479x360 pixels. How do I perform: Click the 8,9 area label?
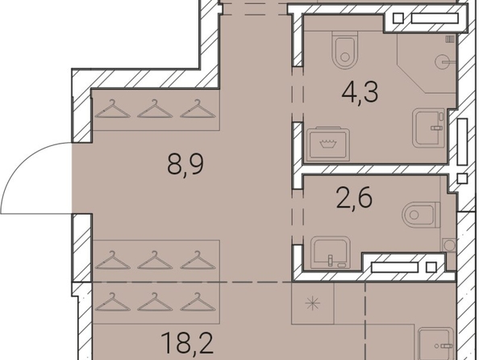(185, 164)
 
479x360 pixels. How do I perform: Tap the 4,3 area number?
(360, 92)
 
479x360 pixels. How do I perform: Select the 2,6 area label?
(354, 198)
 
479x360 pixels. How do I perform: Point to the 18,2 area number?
(187, 342)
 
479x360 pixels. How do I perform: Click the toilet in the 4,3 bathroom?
(345, 50)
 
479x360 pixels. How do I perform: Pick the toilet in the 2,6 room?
(421, 215)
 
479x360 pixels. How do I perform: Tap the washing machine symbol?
(327, 144)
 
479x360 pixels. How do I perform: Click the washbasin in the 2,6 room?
(331, 253)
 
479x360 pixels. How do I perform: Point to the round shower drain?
(441, 61)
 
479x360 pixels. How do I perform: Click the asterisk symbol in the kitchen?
(313, 303)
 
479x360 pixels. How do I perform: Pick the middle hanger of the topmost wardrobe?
(155, 109)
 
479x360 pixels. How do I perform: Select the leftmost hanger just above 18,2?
(112, 302)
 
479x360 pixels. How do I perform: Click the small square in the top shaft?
(398, 19)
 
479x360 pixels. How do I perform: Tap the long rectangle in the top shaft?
(435, 19)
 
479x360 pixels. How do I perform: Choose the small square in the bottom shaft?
(431, 268)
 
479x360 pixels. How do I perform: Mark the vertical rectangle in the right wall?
(462, 141)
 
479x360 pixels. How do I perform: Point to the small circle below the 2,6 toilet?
(449, 245)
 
